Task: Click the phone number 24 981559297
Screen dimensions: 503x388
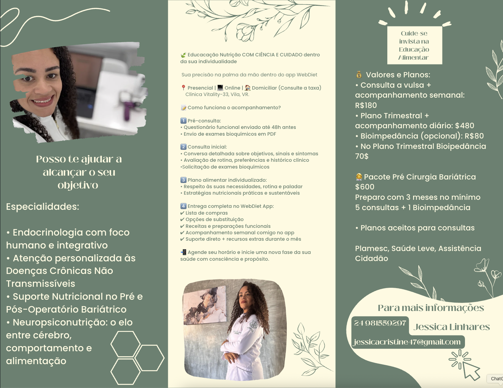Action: click(380, 323)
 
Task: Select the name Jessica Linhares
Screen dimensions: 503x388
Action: click(452, 327)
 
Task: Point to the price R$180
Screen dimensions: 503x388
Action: click(366, 105)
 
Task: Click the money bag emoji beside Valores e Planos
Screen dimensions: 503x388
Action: click(359, 74)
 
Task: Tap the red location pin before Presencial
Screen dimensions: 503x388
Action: click(183, 88)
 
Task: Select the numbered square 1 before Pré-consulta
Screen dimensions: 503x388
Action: click(183, 121)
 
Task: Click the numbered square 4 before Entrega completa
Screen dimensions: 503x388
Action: click(183, 206)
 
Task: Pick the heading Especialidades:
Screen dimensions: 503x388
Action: click(43, 207)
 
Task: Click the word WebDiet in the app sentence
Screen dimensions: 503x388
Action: click(307, 74)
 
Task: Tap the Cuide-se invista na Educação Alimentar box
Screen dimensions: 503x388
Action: click(415, 45)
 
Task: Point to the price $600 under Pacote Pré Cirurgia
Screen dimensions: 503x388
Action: click(365, 187)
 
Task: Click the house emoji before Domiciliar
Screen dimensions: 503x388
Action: click(248, 88)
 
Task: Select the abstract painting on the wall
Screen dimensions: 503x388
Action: click(205, 305)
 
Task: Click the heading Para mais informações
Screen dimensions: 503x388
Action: click(431, 308)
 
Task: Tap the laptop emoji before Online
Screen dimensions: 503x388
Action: click(220, 88)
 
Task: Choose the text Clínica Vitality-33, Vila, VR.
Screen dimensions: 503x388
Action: click(217, 94)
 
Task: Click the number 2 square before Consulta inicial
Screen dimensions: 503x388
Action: click(183, 147)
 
